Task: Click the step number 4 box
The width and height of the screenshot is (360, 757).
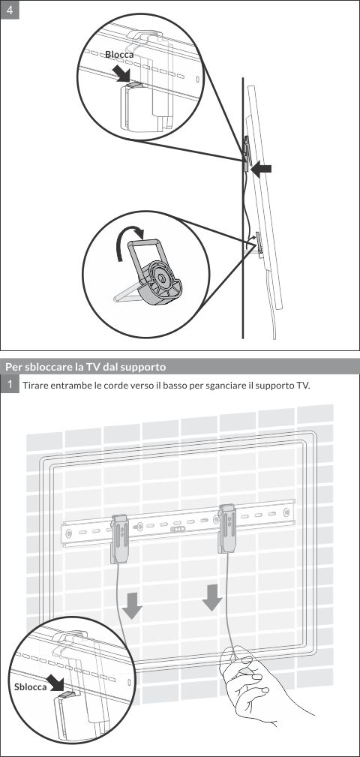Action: [x=10, y=10]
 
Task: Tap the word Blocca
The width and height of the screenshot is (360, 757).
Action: [x=119, y=56]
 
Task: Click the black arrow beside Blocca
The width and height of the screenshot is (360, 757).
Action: [x=119, y=74]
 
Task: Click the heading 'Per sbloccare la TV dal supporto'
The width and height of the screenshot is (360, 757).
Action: [x=85, y=367]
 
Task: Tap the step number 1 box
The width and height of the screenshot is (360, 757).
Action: [x=10, y=384]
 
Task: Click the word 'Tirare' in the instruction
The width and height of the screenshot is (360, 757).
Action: [x=36, y=385]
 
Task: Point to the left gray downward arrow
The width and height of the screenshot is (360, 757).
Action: [x=133, y=605]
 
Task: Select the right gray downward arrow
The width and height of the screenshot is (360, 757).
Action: [x=212, y=598]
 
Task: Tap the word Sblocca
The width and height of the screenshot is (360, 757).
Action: [x=30, y=686]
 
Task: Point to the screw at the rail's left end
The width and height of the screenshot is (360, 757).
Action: [x=69, y=533]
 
